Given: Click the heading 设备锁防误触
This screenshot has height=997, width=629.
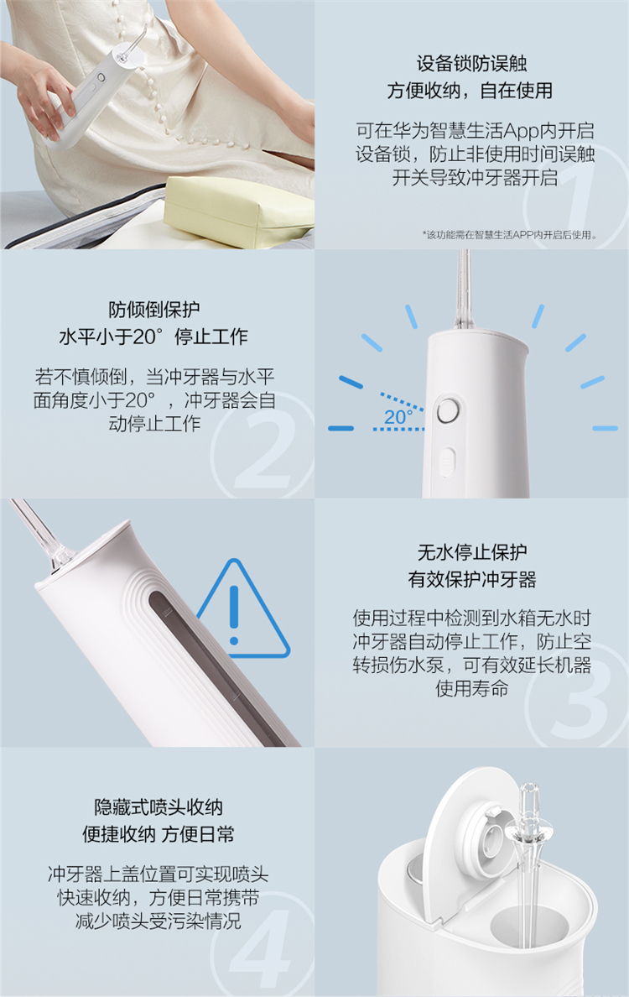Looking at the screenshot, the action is click(x=471, y=64).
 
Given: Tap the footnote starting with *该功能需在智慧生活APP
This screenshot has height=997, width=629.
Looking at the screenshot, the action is click(x=510, y=235).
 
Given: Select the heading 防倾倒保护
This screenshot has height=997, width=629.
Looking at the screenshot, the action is click(x=154, y=310).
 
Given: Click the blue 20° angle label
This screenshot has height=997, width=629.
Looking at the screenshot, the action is click(x=398, y=417).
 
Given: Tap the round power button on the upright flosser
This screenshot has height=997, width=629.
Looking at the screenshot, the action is click(x=448, y=410).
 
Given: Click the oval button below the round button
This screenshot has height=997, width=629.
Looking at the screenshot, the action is click(x=447, y=462).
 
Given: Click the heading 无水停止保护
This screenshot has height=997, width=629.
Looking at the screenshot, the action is click(x=472, y=552).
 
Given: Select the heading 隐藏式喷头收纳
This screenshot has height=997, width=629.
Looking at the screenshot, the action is click(x=159, y=806).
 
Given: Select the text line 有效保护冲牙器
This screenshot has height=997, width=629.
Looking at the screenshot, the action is click(x=472, y=579).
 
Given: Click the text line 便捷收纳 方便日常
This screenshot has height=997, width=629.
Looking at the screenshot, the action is click(x=159, y=833).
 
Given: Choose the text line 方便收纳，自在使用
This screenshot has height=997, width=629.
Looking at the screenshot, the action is click(x=470, y=91).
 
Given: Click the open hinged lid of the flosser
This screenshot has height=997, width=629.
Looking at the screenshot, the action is click(x=467, y=838).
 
